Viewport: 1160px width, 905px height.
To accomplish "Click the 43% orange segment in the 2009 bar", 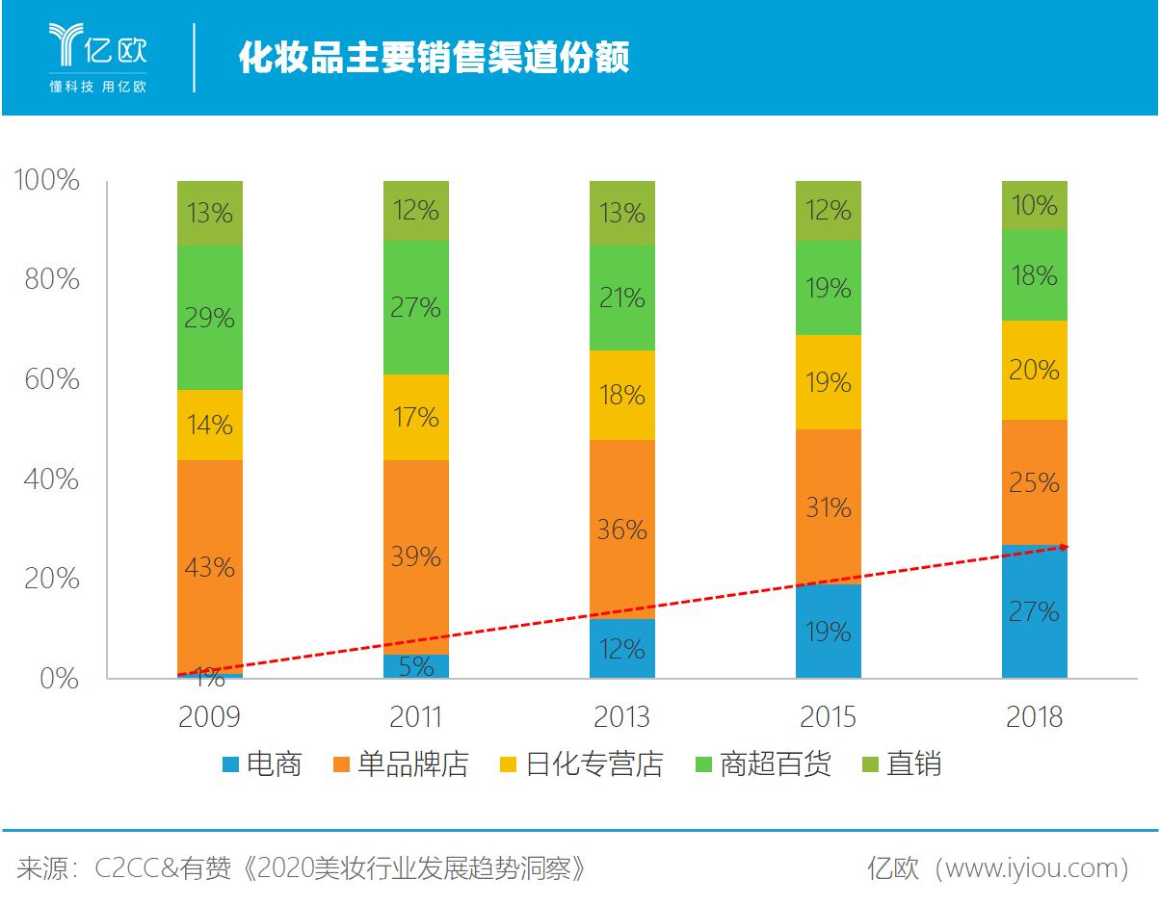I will [209, 566].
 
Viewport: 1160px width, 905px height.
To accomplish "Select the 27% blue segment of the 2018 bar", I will [1034, 611].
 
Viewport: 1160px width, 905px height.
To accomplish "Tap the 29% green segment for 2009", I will [209, 318].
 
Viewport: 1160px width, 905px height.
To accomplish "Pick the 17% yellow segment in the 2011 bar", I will [415, 417].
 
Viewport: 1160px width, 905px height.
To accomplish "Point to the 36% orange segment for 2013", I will [621, 529].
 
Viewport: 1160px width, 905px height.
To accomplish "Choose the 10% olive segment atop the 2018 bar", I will [1034, 205].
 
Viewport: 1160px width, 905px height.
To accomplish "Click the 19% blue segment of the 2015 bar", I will [828, 631].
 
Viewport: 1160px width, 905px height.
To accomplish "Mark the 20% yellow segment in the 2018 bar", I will [1034, 370].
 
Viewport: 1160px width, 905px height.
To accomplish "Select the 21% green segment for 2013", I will [621, 297].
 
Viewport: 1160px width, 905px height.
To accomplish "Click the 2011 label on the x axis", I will [415, 717].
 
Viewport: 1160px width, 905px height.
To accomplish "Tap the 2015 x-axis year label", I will [828, 717].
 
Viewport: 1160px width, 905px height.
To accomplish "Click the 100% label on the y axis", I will [45, 180].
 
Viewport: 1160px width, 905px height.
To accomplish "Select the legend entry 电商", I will [262, 764].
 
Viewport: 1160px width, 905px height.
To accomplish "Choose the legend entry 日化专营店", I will [582, 764].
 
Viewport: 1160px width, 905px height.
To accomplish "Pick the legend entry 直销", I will [901, 764].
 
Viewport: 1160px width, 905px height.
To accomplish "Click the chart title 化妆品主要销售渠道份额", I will [434, 58].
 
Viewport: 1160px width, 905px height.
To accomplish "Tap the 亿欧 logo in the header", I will [97, 56].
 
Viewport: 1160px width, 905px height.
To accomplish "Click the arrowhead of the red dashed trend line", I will [1064, 547].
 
